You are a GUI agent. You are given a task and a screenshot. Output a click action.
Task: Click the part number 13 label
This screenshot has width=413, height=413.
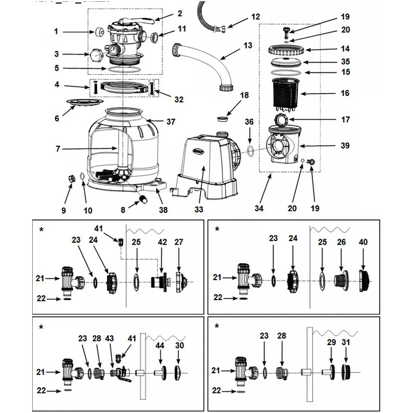pyautogui.click(x=247, y=46)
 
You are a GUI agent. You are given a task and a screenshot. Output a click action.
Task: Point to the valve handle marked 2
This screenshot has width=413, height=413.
pyautogui.click(x=137, y=21)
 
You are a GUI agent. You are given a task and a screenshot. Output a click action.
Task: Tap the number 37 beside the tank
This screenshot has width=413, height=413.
pyautogui.click(x=171, y=122)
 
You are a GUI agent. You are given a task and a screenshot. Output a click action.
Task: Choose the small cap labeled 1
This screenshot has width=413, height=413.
pyautogui.click(x=99, y=32)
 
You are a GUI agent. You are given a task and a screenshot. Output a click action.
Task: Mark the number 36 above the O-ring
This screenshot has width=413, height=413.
pyautogui.click(x=249, y=122)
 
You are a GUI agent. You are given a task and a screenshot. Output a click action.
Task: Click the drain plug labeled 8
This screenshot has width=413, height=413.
pyautogui.click(x=144, y=198)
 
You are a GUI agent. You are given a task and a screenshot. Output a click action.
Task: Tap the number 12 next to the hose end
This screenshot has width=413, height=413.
pyautogui.click(x=255, y=17)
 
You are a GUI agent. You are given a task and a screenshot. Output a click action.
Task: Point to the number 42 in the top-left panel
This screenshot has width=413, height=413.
pyautogui.click(x=162, y=242)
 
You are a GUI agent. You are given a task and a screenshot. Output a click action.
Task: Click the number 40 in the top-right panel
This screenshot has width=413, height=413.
pyautogui.click(x=363, y=242)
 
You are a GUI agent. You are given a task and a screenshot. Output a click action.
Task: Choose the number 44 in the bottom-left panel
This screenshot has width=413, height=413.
pyautogui.click(x=160, y=345)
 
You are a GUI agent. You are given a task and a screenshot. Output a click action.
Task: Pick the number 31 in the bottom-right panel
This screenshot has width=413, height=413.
pyautogui.click(x=346, y=342)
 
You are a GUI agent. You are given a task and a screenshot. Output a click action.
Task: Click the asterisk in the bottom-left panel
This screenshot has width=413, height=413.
pyautogui.click(x=41, y=327)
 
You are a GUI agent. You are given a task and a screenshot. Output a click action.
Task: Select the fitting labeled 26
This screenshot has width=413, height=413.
pyautogui.click(x=341, y=281)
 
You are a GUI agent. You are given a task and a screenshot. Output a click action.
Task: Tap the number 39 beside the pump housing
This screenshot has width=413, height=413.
pyautogui.click(x=345, y=146)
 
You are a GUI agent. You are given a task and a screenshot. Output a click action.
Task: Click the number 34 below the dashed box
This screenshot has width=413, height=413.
pyautogui.click(x=259, y=209)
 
